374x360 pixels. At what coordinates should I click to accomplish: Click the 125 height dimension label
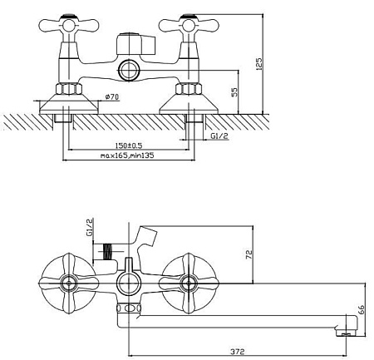pyautogui.click(x=258, y=64)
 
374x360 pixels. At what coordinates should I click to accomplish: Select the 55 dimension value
pyautogui.click(x=234, y=92)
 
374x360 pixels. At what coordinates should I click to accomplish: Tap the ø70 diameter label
pyautogui.click(x=112, y=96)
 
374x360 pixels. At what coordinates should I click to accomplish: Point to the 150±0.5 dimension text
pyautogui.click(x=128, y=145)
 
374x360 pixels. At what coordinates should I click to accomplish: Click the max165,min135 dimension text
pyautogui.click(x=127, y=155)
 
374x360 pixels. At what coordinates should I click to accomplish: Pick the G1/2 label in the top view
pyautogui.click(x=219, y=136)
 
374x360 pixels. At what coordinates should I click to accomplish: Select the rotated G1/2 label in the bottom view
pyautogui.click(x=89, y=227)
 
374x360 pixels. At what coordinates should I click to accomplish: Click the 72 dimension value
pyautogui.click(x=249, y=254)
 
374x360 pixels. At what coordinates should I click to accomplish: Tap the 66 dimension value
pyautogui.click(x=362, y=309)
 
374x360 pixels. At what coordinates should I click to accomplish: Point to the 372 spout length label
pyautogui.click(x=238, y=352)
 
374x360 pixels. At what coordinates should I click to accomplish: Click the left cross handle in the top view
pyautogui.click(x=69, y=25)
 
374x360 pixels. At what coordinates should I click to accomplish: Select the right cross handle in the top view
pyautogui.click(x=189, y=25)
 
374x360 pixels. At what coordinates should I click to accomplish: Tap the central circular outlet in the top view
pyautogui.click(x=129, y=70)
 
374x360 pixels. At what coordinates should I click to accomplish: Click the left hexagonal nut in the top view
pyautogui.click(x=69, y=89)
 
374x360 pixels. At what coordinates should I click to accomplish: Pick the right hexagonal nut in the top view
pyautogui.click(x=189, y=89)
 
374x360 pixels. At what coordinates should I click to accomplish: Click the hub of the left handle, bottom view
pyautogui.click(x=69, y=284)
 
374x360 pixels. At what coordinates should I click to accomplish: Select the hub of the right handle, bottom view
pyautogui.click(x=189, y=284)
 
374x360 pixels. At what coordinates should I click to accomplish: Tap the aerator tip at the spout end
pyautogui.click(x=347, y=331)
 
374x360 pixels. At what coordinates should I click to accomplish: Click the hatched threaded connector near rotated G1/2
pyautogui.click(x=108, y=252)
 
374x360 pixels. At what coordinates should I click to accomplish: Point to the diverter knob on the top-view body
pyautogui.click(x=135, y=44)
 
